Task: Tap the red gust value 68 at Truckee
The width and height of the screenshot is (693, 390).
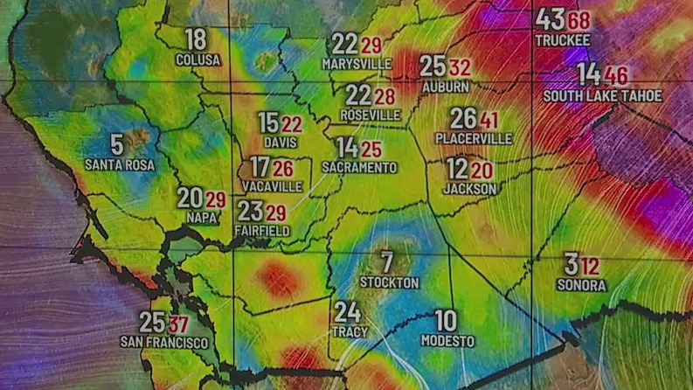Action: (579, 20)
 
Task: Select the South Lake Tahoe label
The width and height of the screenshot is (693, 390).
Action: (602, 95)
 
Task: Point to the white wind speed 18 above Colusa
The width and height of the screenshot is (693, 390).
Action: (197, 39)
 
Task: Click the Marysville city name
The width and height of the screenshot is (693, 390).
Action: (357, 64)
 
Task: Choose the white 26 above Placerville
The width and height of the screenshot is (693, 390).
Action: (463, 119)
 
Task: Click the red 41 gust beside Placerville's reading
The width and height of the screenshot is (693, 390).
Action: (489, 120)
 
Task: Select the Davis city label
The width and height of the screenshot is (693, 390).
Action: (280, 142)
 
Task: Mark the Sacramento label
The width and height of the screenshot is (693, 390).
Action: (358, 167)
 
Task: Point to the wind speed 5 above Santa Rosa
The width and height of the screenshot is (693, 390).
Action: (117, 144)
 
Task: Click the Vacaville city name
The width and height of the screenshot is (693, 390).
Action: (274, 186)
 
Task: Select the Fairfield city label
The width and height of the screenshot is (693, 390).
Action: (262, 230)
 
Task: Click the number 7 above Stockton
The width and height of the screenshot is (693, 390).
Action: (387, 261)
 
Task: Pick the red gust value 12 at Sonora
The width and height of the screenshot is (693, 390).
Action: (591, 266)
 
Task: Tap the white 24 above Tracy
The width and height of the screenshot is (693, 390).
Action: (347, 311)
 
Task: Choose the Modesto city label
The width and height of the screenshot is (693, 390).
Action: (447, 341)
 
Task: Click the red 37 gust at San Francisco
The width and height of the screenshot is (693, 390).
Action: (179, 324)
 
